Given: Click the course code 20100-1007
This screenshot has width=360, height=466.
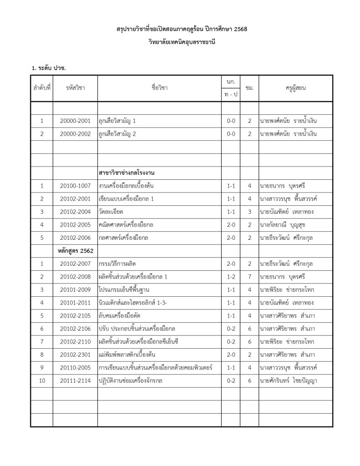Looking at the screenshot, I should click(75, 186).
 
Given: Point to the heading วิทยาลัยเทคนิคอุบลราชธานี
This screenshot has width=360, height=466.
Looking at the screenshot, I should click(181, 42).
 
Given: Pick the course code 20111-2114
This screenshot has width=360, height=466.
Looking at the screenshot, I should click(75, 380).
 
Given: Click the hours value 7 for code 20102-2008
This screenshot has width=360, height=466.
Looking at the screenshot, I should click(249, 277).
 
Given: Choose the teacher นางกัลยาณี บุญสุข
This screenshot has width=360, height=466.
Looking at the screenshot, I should click(285, 225).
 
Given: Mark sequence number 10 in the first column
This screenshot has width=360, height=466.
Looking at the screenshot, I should click(42, 380).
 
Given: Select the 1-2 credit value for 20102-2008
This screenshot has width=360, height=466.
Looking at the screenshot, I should click(231, 277).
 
